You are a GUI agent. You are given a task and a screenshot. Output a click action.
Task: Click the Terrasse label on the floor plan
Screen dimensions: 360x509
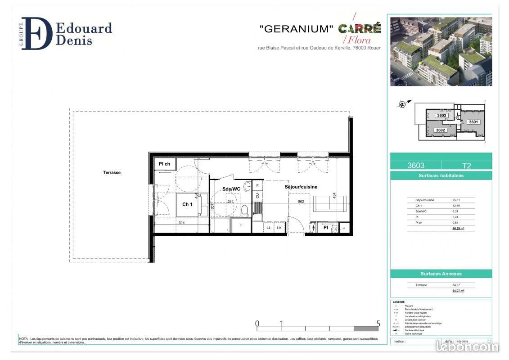[112, 172]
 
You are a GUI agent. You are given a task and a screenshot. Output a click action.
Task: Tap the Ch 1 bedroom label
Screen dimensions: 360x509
[187, 204]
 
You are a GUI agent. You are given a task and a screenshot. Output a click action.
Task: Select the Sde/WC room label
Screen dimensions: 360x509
[231, 189]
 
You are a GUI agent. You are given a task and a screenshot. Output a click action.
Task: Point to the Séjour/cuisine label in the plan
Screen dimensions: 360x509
[301, 187]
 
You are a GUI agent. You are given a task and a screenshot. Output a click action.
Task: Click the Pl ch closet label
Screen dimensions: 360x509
[164, 164]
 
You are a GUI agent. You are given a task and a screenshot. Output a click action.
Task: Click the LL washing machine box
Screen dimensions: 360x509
[269, 228]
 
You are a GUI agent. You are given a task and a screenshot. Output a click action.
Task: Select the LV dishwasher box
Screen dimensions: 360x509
[279, 228]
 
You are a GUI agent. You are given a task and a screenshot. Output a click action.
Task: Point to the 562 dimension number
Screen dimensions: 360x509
[301, 201]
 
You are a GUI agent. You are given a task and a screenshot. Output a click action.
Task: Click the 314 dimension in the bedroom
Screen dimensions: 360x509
[182, 222]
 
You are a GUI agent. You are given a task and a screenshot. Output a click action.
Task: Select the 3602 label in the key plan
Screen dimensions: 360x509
[440, 130]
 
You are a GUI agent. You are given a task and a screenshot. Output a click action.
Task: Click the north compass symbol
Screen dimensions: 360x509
[402, 104]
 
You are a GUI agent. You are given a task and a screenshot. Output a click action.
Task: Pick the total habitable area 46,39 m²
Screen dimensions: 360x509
[458, 229]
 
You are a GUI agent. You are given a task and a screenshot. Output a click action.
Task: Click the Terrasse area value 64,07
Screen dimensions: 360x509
[456, 285]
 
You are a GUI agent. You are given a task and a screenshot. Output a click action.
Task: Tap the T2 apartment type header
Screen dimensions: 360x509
[466, 166]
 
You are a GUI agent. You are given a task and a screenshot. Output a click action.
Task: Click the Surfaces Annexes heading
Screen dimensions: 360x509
[441, 274]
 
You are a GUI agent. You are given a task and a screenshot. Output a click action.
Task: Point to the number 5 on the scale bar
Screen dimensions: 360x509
[378, 323]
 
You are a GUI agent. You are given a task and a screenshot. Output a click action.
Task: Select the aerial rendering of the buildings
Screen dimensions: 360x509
[441, 51]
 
